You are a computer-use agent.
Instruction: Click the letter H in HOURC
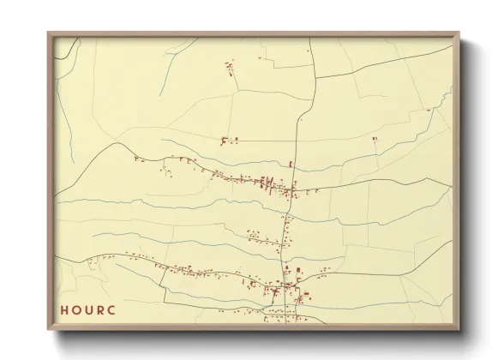64,309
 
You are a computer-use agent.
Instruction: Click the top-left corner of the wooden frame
48,33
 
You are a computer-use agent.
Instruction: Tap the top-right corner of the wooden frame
460,33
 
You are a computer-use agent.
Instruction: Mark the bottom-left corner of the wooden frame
48,331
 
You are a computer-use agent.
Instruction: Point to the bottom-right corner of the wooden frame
460,331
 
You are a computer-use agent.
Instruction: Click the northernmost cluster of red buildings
229,67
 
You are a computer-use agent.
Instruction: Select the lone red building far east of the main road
375,137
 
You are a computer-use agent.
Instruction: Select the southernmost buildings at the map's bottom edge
283,319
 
